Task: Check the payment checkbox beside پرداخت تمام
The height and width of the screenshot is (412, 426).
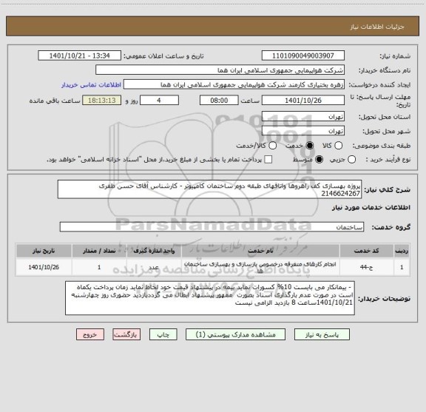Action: coord(268,159)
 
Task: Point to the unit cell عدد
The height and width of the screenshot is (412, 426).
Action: coord(153,265)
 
